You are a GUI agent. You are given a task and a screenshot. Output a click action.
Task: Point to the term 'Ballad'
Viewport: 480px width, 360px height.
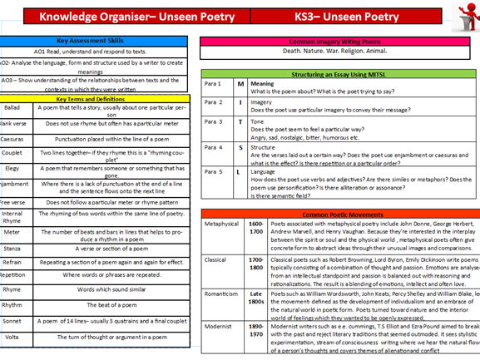[12, 107]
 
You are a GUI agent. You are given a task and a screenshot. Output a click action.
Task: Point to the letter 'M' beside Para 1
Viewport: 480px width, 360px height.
[240, 84]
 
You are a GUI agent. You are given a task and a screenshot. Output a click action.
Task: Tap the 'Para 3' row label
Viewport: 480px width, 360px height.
[214, 121]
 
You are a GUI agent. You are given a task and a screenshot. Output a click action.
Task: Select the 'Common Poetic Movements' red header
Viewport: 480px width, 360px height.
[339, 214]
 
